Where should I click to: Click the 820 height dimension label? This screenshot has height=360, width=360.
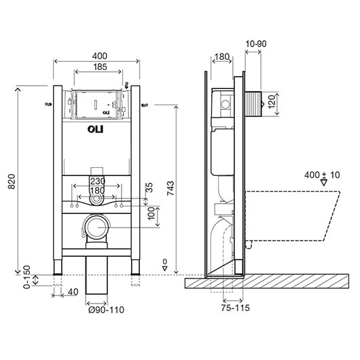12,181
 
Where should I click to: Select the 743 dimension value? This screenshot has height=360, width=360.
170,188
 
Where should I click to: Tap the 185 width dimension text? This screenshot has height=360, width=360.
100,67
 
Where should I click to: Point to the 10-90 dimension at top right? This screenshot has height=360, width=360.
256,43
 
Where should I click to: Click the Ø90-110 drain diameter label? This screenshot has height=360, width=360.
106,310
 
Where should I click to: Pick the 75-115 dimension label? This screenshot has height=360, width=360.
235,308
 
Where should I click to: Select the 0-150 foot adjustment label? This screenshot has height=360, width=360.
27,277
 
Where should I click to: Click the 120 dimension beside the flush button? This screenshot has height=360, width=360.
272,101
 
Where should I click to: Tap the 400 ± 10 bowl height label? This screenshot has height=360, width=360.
322,175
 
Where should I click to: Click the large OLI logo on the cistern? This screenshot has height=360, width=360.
95,129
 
